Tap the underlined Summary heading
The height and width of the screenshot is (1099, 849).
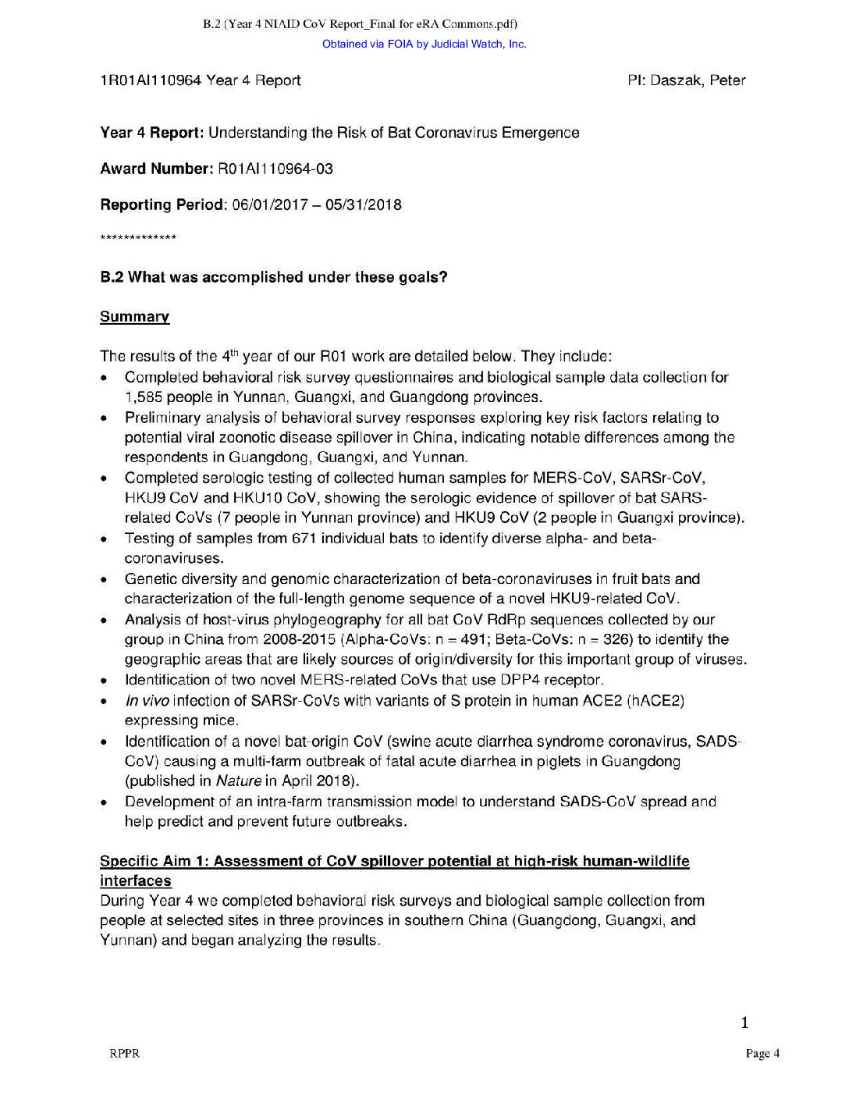pos(134,317)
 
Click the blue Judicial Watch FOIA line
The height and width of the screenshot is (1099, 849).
pos(424,44)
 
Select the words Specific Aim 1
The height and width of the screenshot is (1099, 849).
pos(152,862)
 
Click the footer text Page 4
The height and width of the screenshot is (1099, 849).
pos(762,1054)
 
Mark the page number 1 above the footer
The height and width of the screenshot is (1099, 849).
pos(744,1023)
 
